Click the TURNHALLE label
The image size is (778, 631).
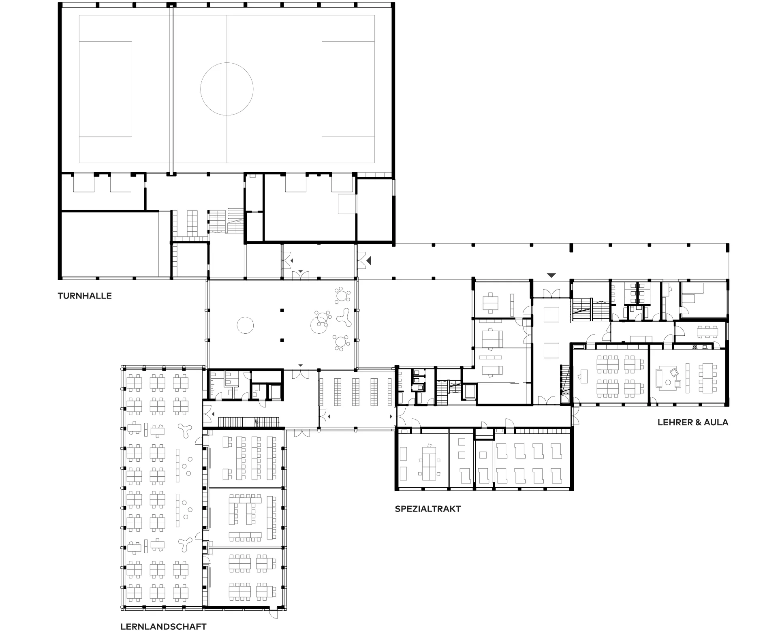click(x=84, y=296)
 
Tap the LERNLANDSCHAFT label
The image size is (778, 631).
click(x=163, y=627)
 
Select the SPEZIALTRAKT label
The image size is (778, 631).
click(x=427, y=509)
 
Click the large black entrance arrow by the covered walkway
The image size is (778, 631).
click(x=368, y=261)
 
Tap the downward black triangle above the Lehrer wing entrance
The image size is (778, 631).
click(x=551, y=275)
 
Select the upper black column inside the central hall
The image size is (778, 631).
click(x=282, y=310)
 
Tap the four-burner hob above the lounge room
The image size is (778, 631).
click(x=695, y=347)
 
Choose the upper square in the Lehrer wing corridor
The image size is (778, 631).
click(x=551, y=314)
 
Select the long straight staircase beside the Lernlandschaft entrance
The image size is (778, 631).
click(x=249, y=422)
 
